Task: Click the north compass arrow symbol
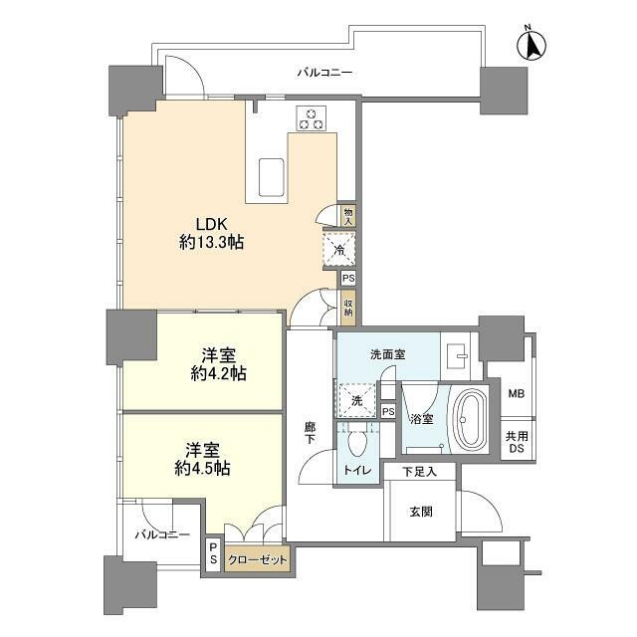click(x=531, y=44)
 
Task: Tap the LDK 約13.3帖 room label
click(x=212, y=233)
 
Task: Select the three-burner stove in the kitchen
click(x=312, y=118)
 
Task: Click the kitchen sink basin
click(x=271, y=177)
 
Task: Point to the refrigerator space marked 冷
click(x=339, y=250)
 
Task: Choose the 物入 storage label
click(x=348, y=215)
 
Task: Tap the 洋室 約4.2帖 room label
click(x=219, y=364)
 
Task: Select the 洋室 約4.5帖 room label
click(x=203, y=460)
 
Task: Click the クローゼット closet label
click(x=258, y=560)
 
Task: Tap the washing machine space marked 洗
click(x=356, y=400)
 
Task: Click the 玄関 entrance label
click(x=421, y=512)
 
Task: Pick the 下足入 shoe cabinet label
click(x=420, y=472)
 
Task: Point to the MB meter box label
click(x=517, y=394)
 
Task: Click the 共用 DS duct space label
click(x=517, y=442)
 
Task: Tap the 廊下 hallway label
click(x=310, y=433)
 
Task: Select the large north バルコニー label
click(x=324, y=73)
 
